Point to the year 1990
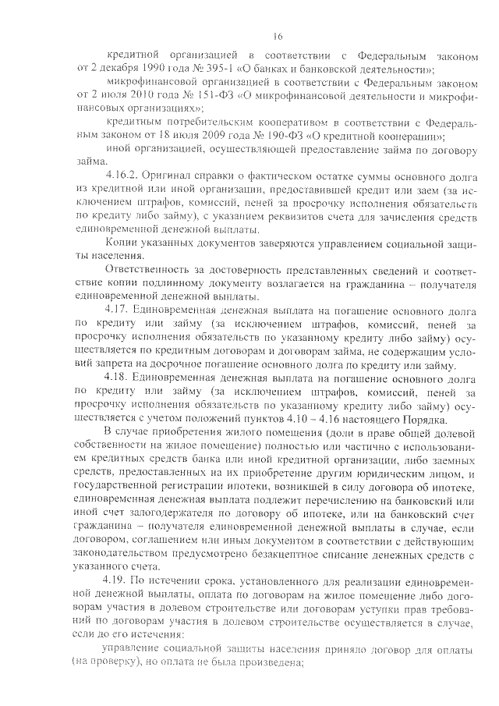[x=136, y=69]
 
